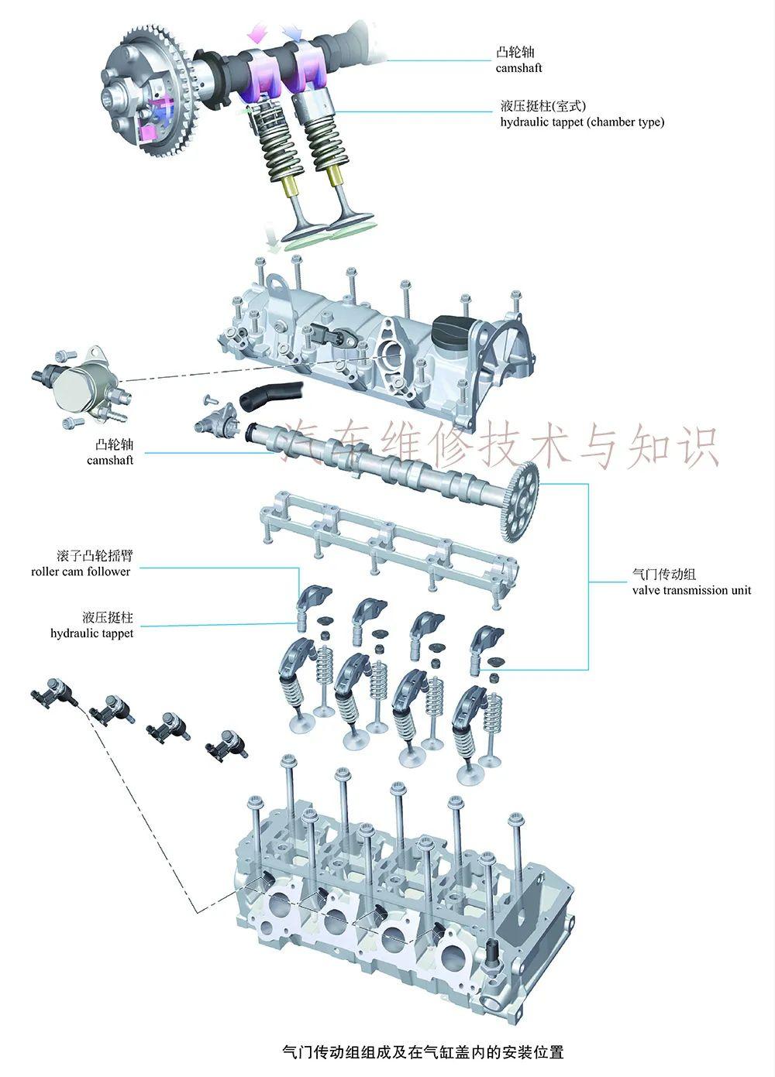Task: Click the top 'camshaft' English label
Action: click(x=518, y=68)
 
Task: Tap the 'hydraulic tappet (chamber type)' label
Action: click(x=582, y=122)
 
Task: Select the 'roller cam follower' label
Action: click(x=81, y=571)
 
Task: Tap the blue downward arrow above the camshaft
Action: click(x=293, y=32)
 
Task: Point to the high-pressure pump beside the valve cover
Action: click(x=81, y=382)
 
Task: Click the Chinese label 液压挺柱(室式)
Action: click(x=542, y=106)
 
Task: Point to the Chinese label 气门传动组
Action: click(x=664, y=575)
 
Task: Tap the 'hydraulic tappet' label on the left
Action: click(x=91, y=633)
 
